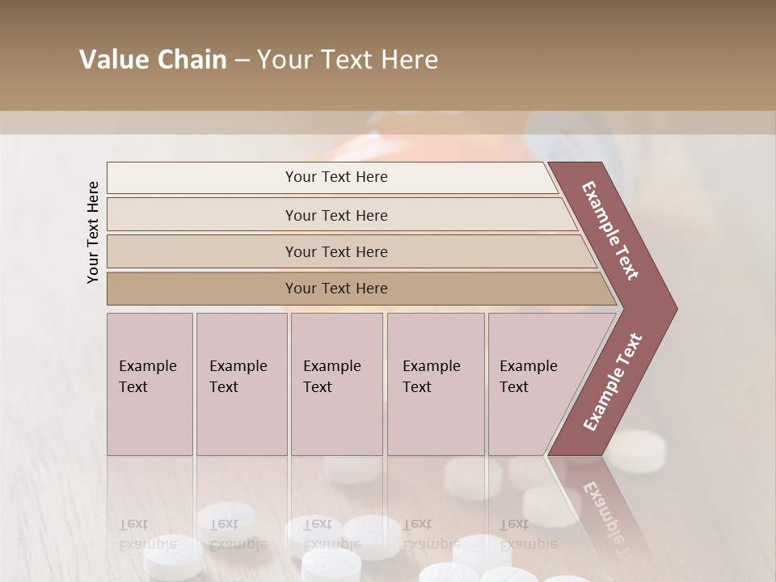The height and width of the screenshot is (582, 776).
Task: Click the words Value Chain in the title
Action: tap(153, 60)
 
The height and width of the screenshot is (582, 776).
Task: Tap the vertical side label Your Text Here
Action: tap(93, 232)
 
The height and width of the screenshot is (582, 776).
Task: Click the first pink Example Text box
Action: tap(150, 384)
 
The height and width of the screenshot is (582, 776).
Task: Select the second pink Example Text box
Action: tap(242, 384)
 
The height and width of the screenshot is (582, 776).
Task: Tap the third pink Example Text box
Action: tap(336, 384)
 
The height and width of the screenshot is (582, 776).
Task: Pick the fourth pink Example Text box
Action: tap(436, 384)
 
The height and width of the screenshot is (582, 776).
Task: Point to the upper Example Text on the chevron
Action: tap(611, 230)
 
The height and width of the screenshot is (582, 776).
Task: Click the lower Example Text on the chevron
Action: tap(613, 382)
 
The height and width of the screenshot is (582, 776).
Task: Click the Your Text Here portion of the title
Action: tap(348, 60)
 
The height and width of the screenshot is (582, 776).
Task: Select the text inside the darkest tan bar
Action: tap(336, 289)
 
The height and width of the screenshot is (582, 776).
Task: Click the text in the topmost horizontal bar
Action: tap(336, 177)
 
